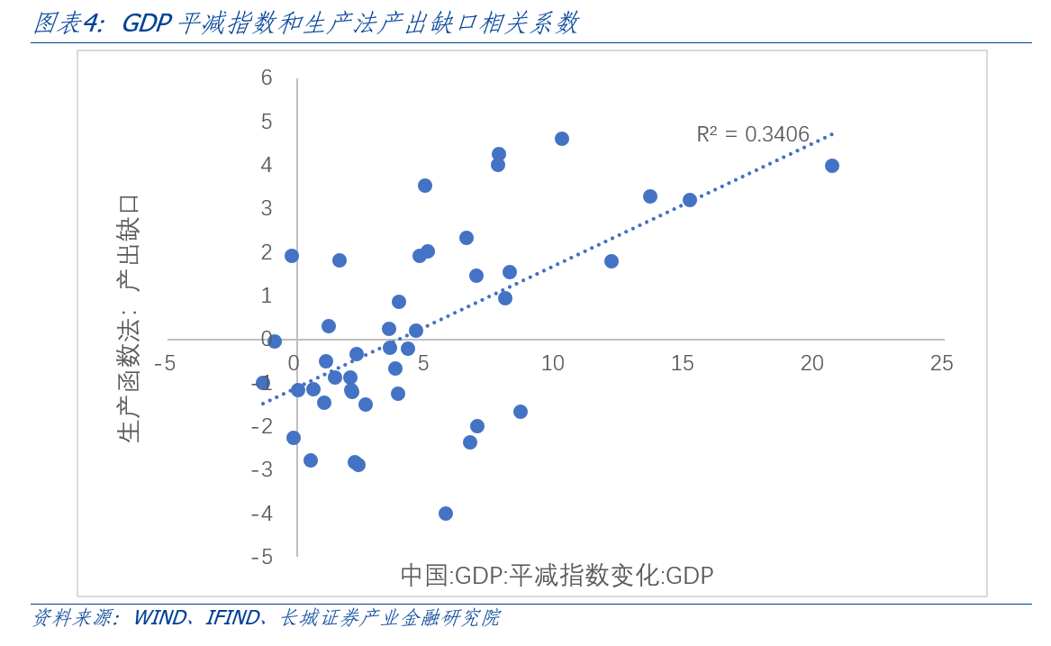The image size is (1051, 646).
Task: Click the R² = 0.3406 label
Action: [753, 134]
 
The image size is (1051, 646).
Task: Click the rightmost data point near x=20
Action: [832, 166]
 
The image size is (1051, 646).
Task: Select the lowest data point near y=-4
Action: [446, 514]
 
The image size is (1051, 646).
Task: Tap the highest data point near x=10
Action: [562, 139]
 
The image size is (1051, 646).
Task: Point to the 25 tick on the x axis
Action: [941, 363]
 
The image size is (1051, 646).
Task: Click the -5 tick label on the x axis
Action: [165, 363]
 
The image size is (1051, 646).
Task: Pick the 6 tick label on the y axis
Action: [267, 78]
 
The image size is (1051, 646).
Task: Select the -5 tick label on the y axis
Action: [262, 557]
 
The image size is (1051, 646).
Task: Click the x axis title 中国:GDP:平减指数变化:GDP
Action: [557, 576]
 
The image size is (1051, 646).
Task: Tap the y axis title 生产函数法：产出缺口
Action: [129, 319]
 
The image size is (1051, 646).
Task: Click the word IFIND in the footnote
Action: [232, 618]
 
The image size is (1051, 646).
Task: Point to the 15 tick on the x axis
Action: [683, 363]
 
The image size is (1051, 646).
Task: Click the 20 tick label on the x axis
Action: [812, 363]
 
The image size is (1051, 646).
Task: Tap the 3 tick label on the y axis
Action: [267, 208]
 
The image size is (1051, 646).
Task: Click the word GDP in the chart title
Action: [146, 23]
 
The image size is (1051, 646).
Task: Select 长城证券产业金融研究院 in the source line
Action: [389, 618]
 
